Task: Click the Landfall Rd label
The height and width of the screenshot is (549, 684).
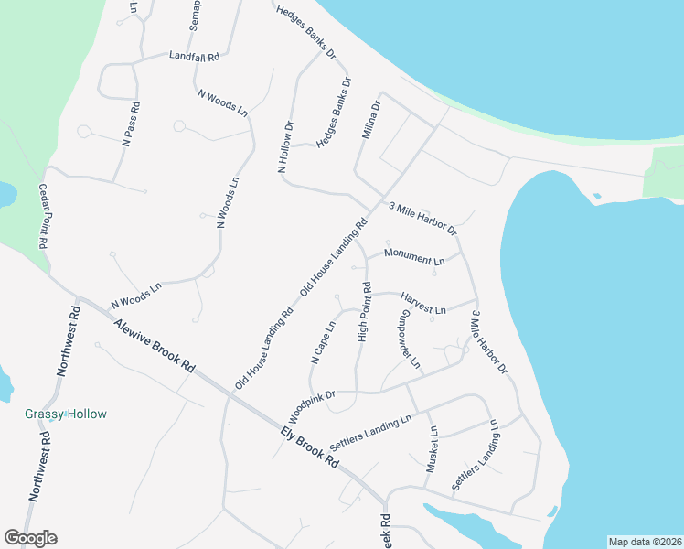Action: click(195, 57)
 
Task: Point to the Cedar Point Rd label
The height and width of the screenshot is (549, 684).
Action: click(42, 217)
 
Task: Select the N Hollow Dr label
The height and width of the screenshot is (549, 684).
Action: click(284, 147)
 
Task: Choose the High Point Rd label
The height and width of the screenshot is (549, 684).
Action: click(364, 312)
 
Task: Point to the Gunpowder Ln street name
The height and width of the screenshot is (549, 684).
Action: click(409, 340)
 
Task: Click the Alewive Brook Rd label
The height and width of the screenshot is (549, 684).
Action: click(154, 345)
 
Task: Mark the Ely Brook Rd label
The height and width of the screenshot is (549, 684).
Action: click(310, 447)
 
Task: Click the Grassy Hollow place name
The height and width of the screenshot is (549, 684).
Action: click(65, 414)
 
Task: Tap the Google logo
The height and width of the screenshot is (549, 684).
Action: click(30, 538)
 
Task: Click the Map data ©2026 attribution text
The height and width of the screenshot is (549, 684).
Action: click(645, 542)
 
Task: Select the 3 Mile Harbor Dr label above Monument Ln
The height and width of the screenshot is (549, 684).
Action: click(422, 218)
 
